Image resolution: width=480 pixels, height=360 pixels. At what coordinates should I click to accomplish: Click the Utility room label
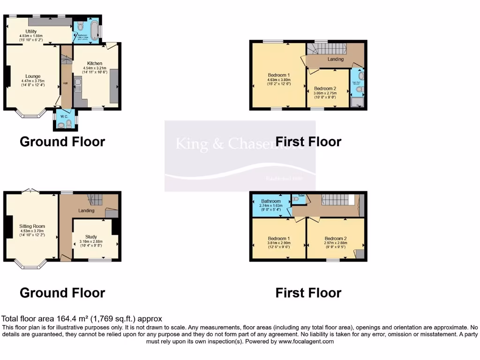[x=31, y=31]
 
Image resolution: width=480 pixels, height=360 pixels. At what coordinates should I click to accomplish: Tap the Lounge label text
[x=31, y=76]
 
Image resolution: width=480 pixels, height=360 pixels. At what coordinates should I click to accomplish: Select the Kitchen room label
[x=94, y=63]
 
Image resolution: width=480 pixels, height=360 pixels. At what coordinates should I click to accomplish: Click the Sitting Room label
[x=31, y=225]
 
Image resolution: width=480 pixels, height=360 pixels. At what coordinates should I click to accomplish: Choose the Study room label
[x=91, y=237]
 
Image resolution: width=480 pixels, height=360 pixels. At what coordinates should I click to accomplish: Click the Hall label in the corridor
[x=66, y=84]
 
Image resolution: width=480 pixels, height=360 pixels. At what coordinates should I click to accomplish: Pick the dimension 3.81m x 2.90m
[x=279, y=243]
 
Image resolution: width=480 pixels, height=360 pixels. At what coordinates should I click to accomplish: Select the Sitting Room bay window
[x=31, y=264]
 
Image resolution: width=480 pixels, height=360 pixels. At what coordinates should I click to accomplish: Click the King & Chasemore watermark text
[x=240, y=144]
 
